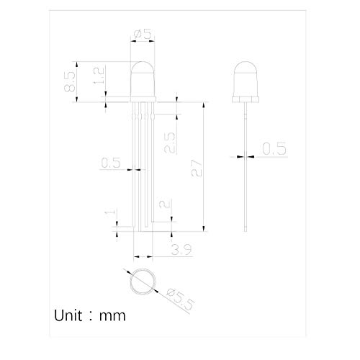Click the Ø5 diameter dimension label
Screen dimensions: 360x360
[x=143, y=34]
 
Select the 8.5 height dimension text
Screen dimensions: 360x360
[x=70, y=82]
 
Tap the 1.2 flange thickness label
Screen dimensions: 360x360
[x=99, y=76]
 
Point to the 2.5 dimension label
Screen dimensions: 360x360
[x=170, y=143]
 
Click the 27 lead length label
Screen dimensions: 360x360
[x=197, y=168]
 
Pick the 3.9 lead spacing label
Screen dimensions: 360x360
[x=181, y=249]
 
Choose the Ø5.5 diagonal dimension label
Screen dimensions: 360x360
[x=181, y=299]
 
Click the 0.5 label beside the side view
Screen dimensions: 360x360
[x=274, y=148]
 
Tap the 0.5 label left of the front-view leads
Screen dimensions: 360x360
[x=111, y=163]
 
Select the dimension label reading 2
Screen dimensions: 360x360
[x=164, y=204]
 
